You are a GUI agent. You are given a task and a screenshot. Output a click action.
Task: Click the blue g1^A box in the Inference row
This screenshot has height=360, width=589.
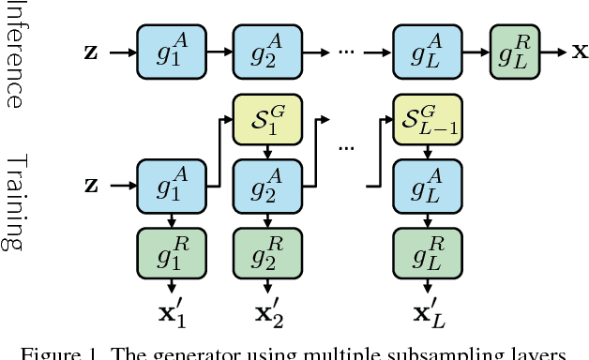172,51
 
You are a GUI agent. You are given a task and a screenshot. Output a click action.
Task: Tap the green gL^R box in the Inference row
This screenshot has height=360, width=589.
515,51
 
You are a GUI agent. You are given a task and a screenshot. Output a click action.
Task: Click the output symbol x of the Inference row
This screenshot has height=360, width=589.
580,52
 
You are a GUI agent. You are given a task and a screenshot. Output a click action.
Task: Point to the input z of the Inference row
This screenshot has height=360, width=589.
90,52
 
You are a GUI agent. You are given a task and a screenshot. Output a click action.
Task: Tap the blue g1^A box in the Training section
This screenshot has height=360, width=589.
172,185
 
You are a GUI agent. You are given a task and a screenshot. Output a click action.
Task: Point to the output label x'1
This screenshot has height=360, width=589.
172,314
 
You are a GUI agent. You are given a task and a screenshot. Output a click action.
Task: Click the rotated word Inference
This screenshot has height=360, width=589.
14,54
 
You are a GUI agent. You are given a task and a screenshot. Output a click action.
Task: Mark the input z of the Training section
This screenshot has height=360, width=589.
90,185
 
